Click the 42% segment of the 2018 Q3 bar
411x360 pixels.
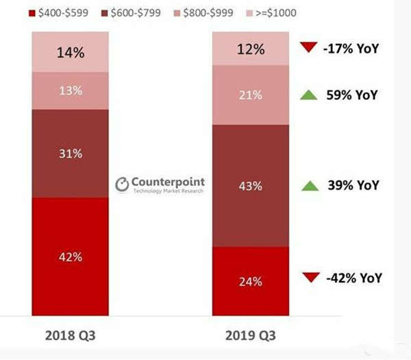71,256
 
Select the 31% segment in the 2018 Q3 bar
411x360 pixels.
71,154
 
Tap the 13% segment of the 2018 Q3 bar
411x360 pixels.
71,91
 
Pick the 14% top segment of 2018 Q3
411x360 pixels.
71,51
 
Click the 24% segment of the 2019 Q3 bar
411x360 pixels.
251,280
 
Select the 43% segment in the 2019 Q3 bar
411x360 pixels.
251,185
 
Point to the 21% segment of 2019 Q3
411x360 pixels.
251,95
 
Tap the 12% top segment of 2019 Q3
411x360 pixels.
251,49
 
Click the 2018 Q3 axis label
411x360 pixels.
71,335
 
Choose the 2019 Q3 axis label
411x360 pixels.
251,335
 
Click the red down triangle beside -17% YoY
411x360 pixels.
309,48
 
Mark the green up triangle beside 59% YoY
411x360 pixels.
309,95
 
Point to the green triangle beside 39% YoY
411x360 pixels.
309,185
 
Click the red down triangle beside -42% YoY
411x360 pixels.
309,278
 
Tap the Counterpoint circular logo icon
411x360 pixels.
122,184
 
